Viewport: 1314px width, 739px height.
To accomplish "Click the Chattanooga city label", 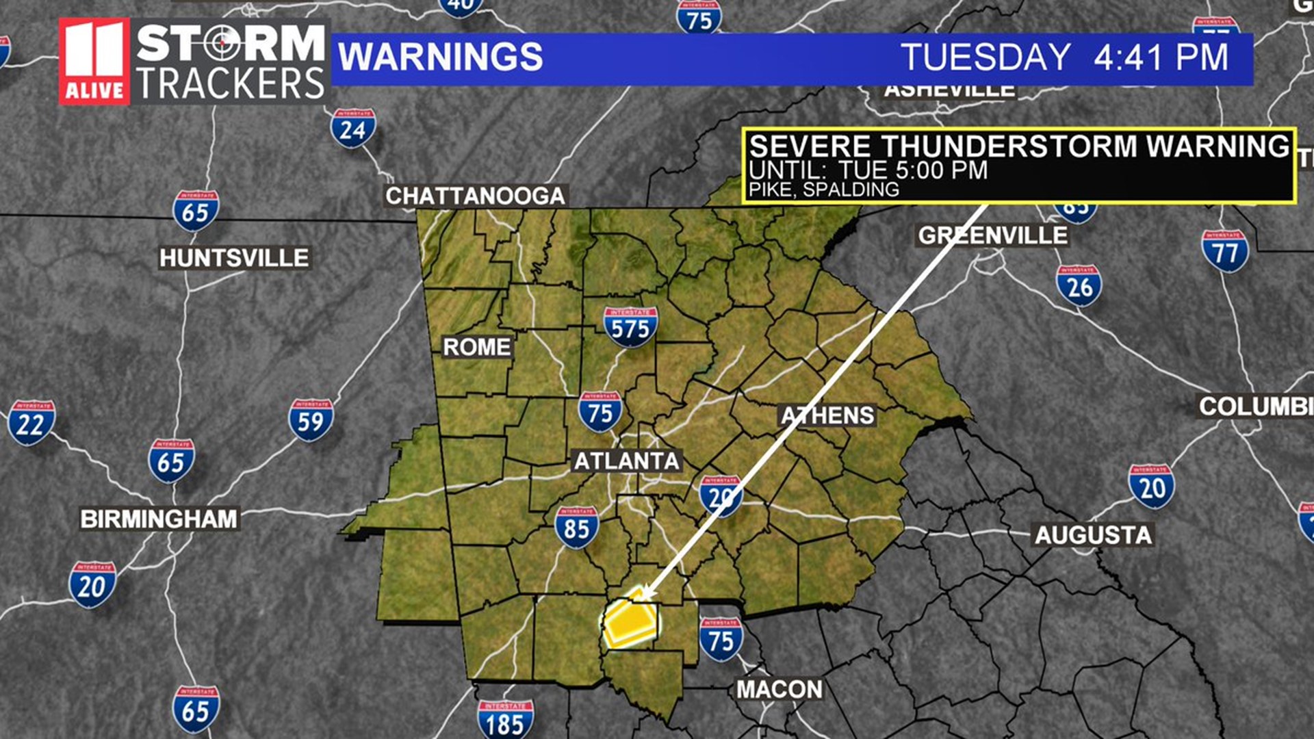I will point(475,196).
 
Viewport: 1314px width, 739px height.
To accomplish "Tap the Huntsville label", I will point(234,258).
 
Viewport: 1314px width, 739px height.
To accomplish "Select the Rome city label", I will point(476,347).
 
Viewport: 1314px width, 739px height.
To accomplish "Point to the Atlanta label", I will point(626,461).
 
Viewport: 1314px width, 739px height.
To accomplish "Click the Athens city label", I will point(828,415).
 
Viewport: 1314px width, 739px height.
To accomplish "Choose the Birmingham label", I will point(159,519).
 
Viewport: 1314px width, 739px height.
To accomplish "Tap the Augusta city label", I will point(1093,534).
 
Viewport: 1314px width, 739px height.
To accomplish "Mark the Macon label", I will point(780,689).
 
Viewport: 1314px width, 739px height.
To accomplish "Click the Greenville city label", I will point(992,235).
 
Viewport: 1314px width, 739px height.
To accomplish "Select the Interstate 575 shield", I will point(630,326).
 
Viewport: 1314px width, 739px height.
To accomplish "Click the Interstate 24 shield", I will point(353,128).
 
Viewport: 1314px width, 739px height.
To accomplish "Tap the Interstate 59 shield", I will point(311,419).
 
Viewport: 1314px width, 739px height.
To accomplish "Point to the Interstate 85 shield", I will point(576,527).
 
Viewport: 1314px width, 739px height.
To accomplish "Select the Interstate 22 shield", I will point(31,422).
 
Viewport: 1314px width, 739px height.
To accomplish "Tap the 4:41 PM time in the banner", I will point(1161,57).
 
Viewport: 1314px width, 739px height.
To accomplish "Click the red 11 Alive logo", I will point(94,61).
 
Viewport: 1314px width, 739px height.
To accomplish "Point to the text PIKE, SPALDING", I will point(824,190).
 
